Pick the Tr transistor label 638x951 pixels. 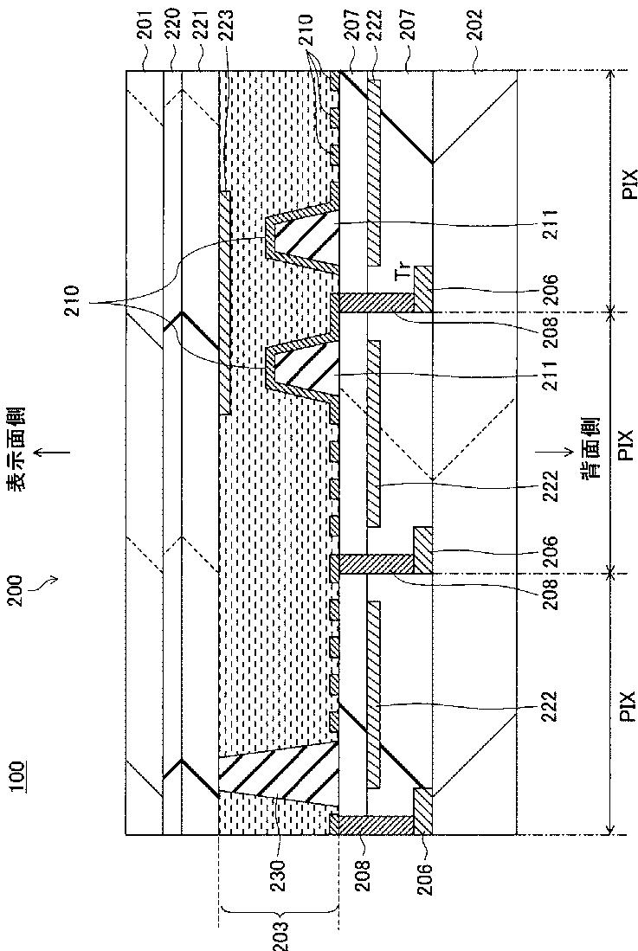pos(400,274)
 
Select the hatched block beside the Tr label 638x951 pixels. pos(423,289)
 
